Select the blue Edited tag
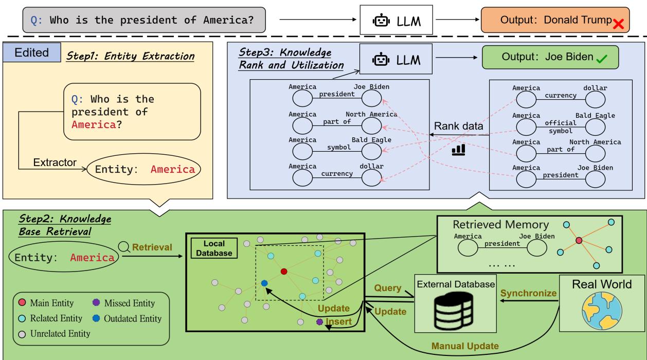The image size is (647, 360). pos(32,53)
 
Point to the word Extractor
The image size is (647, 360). pos(55,163)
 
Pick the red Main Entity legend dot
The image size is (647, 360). pos(21,304)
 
